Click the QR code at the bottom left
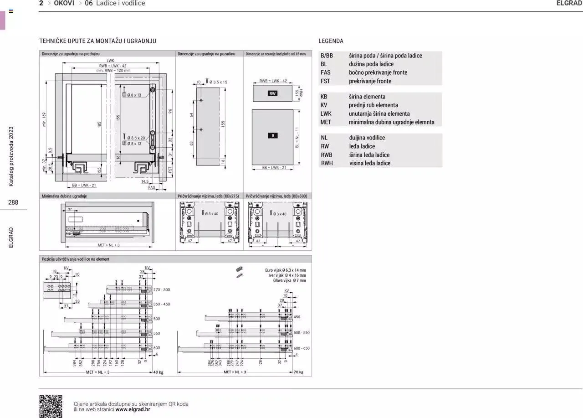pyautogui.click(x=51, y=406)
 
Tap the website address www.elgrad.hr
pyautogui.click(x=133, y=409)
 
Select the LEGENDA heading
pyautogui.click(x=331, y=41)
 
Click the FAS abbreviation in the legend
pyautogui.click(x=325, y=72)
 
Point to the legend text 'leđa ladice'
pyautogui.click(x=362, y=146)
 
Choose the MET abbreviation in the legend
pyautogui.click(x=326, y=122)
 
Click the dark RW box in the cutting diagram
pyautogui.click(x=273, y=93)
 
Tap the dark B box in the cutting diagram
pyautogui.click(x=272, y=135)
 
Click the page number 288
pyautogui.click(x=13, y=202)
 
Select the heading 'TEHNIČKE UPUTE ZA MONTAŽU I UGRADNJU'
pyautogui.click(x=97, y=41)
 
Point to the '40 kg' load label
pyautogui.click(x=158, y=372)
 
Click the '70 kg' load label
pyautogui.click(x=298, y=372)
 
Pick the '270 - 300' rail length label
pyautogui.click(x=162, y=290)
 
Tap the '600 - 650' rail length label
pyautogui.click(x=302, y=348)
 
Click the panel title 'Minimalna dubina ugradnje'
pyautogui.click(x=64, y=196)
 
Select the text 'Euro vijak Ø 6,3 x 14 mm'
pyautogui.click(x=286, y=270)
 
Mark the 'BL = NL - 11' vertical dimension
pyautogui.click(x=297, y=138)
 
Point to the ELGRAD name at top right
pyautogui.click(x=569, y=3)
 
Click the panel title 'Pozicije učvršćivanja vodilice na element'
pyautogui.click(x=76, y=259)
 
